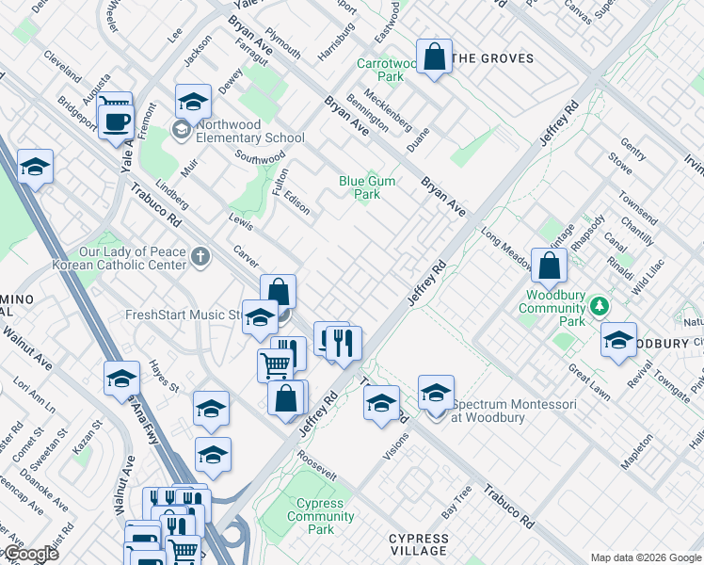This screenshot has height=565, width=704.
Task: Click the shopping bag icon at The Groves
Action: tap(434, 57)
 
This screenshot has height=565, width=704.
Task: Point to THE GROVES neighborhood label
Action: tap(493, 58)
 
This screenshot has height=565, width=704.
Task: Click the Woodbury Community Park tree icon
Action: tap(598, 306)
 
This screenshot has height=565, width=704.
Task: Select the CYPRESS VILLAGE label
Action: tap(419, 544)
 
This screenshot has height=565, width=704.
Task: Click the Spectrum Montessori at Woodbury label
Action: tap(515, 411)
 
